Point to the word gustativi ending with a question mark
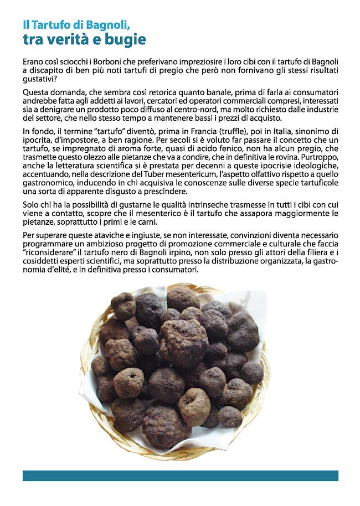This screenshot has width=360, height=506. coord(42,78)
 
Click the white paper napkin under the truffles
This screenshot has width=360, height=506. coord(249,310)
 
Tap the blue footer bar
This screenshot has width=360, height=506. coord(180,475)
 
